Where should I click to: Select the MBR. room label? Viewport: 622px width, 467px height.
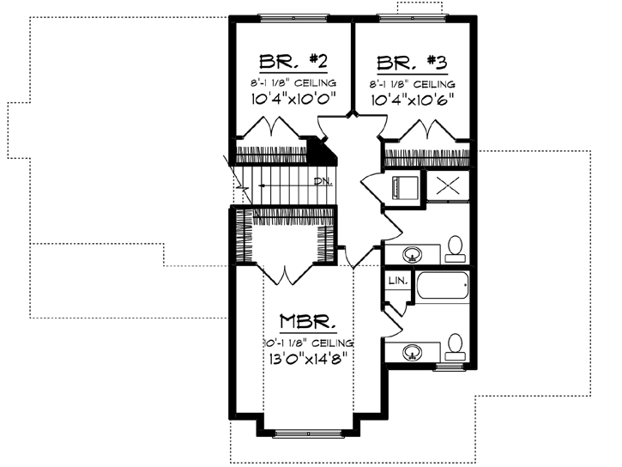click(305, 324)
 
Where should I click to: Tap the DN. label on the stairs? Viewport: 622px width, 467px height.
click(323, 181)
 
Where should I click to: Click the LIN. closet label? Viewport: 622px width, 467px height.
click(396, 281)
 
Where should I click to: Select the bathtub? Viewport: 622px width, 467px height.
click(443, 286)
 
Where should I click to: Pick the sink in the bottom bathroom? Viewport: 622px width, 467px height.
click(413, 352)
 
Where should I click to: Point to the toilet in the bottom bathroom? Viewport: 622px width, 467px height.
click(455, 346)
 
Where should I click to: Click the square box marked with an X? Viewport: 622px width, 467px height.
click(447, 185)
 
